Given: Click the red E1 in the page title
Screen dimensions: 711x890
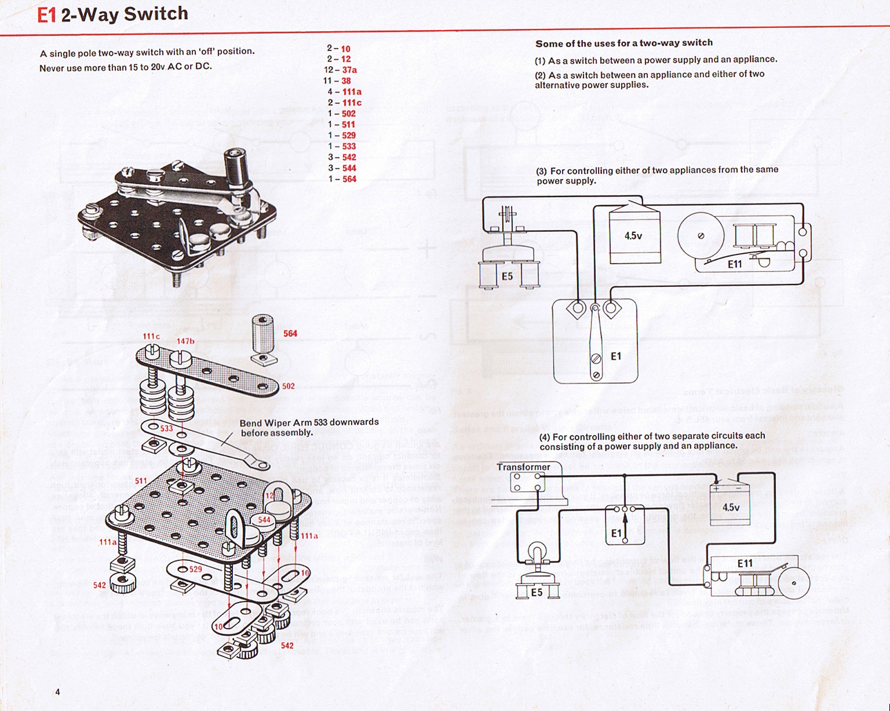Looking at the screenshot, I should [46, 15].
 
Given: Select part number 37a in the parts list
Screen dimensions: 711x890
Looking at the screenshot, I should [349, 70].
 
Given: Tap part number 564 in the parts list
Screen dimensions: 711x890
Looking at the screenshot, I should [349, 179].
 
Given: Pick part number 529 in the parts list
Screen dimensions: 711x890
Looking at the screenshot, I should [349, 136].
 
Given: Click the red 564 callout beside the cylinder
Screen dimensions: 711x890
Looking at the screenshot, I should [290, 334].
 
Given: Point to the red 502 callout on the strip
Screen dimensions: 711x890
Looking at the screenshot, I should [288, 387].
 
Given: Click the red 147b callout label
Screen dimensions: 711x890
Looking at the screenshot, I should [185, 341].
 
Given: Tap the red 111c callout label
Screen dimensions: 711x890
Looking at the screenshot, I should [151, 337].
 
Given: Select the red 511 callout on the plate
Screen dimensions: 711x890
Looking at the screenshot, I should [141, 481].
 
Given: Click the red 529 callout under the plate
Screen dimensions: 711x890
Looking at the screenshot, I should [196, 570].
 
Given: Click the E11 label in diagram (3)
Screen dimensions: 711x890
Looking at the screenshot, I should [735, 264].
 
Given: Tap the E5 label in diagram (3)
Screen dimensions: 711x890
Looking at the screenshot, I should [508, 277].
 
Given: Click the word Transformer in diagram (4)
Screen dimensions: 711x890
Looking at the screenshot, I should [523, 467].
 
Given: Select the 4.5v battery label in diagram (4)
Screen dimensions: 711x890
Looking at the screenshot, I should [731, 508].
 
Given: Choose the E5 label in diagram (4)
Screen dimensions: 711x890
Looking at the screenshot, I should [537, 592].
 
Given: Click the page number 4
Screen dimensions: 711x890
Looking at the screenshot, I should [57, 691].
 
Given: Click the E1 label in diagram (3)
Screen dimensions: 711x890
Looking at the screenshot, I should [616, 356].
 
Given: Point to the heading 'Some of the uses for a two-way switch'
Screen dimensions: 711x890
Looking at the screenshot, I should [624, 43].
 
